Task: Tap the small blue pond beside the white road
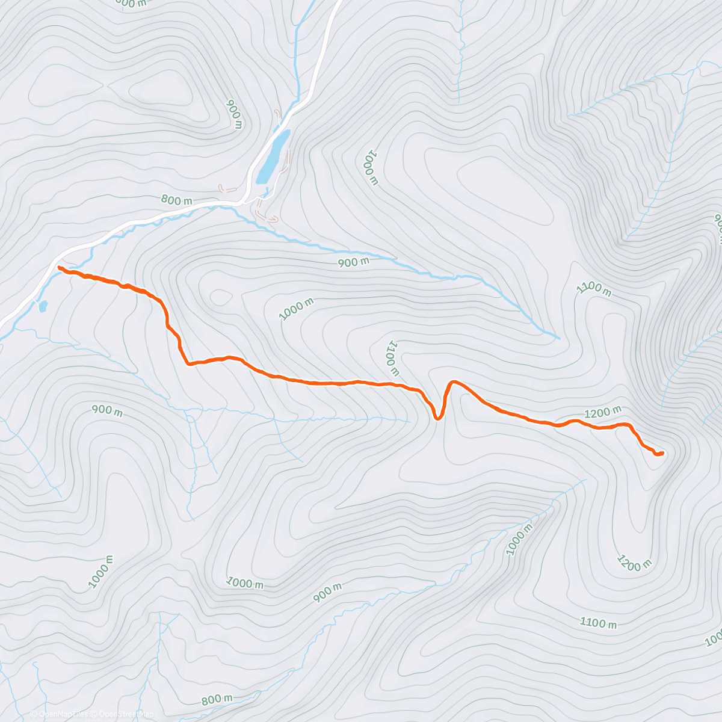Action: tap(43, 307)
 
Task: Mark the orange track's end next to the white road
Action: tap(60, 267)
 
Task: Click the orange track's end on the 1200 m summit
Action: tap(661, 453)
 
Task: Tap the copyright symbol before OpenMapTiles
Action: tap(34, 714)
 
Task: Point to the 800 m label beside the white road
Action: tap(176, 200)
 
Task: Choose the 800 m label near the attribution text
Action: tap(217, 700)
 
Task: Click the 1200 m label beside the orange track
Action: tap(603, 413)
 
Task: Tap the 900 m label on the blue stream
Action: tap(353, 262)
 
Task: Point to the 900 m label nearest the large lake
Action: tap(234, 114)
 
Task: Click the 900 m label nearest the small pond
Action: tap(107, 411)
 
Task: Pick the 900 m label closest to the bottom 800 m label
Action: tap(328, 593)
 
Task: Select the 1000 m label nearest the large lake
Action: tap(369, 169)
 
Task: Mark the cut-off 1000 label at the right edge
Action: tap(714, 639)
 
